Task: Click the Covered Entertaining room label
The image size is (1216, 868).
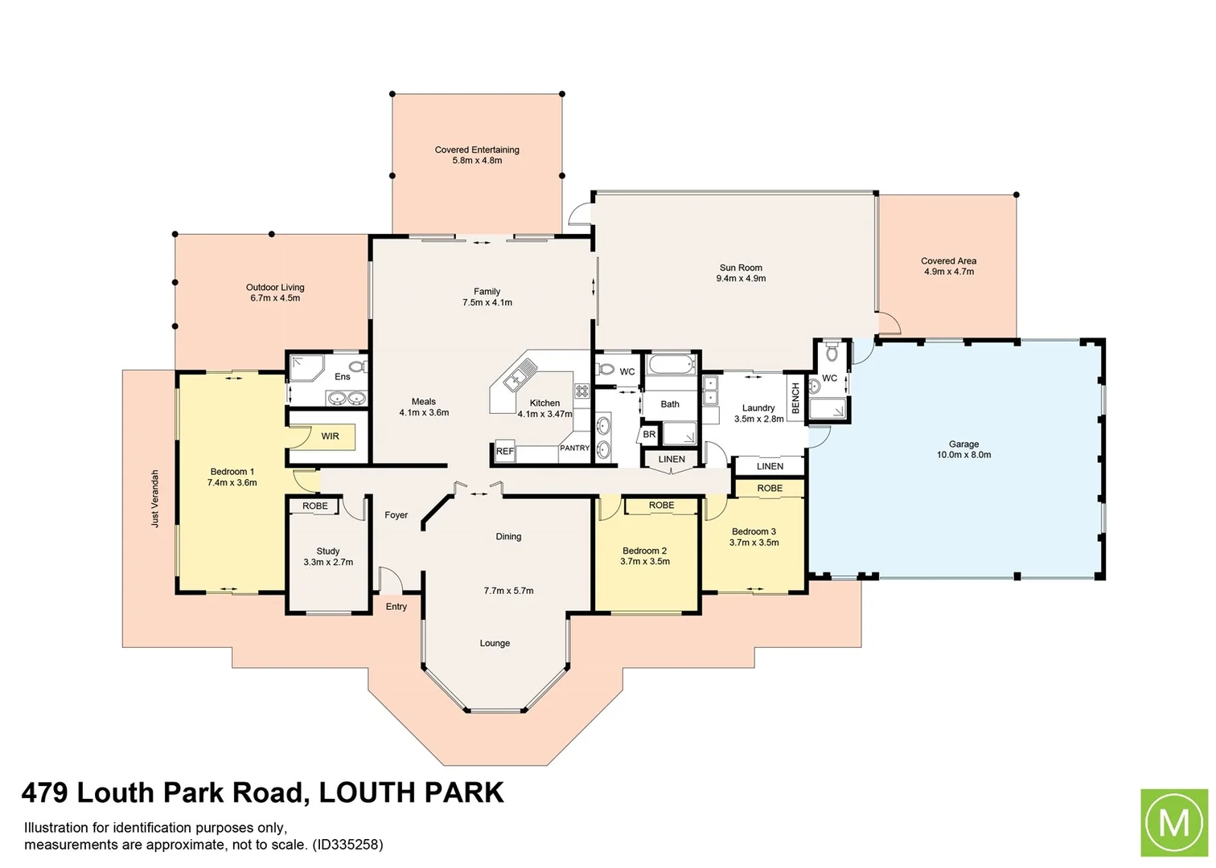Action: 477,150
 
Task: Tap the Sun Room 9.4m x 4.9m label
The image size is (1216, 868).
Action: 741,273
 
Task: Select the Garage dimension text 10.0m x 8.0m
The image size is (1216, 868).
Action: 963,455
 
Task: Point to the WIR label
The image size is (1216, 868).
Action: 330,436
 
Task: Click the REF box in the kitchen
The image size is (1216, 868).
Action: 504,452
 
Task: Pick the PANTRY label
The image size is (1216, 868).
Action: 574,448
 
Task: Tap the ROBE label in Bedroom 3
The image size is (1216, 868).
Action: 770,489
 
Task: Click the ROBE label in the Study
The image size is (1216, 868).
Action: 315,506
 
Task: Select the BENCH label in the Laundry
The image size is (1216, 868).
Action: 795,398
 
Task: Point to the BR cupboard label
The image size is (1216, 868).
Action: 649,435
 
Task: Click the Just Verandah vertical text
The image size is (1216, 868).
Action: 155,498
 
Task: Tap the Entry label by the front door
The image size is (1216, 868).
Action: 396,607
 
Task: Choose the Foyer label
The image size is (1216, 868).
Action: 396,515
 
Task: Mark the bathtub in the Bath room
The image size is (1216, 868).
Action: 670,366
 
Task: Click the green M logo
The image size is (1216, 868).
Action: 1173,823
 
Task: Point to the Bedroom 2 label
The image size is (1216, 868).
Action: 644,551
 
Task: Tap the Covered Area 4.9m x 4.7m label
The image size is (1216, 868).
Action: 948,266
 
